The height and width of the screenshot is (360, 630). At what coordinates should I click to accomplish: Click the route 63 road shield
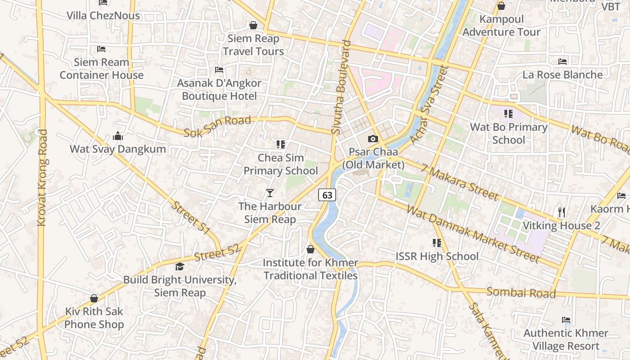click(327, 195)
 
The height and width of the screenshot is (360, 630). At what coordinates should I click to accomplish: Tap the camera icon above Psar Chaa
click(373, 139)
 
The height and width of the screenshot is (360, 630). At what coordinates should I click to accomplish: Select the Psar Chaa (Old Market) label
click(373, 158)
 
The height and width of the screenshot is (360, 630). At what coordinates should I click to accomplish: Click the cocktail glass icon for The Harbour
click(270, 193)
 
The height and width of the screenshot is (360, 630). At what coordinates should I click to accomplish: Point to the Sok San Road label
click(217, 126)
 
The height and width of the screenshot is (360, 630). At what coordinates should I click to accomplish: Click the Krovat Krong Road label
click(42, 178)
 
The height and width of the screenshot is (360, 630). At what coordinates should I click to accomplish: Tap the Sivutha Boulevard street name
click(341, 87)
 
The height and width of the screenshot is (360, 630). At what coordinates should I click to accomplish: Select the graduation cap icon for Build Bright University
click(180, 267)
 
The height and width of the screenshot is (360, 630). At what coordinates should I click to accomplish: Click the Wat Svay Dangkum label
click(118, 149)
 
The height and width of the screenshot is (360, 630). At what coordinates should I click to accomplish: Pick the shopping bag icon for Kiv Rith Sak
click(94, 298)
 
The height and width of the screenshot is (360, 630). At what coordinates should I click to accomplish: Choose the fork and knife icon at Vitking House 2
click(561, 212)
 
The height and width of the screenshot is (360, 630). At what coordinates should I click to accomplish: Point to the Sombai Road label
click(521, 292)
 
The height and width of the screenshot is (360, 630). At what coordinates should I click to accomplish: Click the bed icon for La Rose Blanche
click(562, 62)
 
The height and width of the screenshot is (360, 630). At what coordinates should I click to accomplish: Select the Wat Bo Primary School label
click(508, 134)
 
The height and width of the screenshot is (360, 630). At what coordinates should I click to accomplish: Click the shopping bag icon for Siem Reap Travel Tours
click(253, 25)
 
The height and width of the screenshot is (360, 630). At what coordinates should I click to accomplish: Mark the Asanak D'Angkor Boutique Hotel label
click(219, 90)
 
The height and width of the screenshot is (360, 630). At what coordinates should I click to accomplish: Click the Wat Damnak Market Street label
click(472, 234)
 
